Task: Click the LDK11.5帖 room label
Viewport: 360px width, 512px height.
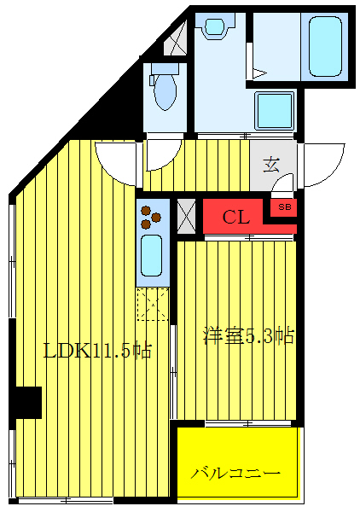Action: [x=97, y=349]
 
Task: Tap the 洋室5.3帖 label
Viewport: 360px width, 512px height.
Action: [x=248, y=335]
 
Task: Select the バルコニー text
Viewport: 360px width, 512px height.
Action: [x=235, y=472]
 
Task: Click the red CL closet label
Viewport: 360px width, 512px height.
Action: [x=236, y=217]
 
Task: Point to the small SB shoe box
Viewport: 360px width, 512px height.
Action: [x=282, y=207]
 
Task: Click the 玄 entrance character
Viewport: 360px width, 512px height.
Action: [x=271, y=166]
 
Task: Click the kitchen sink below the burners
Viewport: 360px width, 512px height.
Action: [x=152, y=254]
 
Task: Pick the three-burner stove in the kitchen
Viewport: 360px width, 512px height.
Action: [x=151, y=217]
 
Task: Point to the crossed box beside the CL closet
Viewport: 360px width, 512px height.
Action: [x=186, y=215]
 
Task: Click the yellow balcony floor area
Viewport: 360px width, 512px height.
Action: [x=236, y=461]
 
